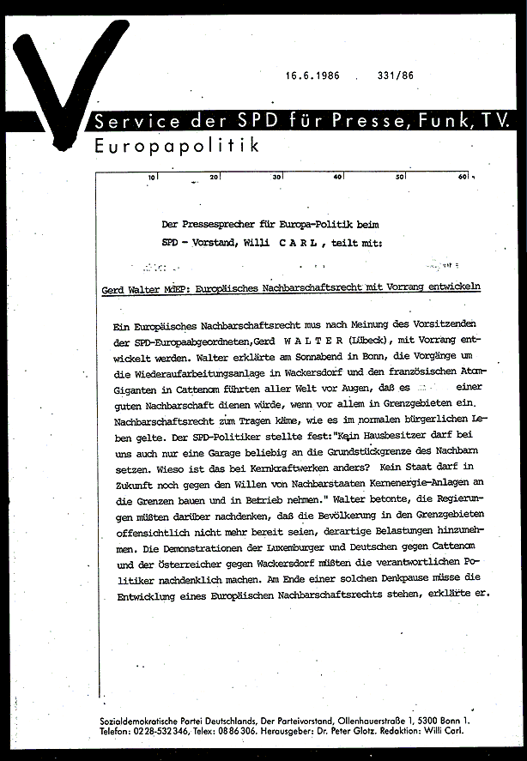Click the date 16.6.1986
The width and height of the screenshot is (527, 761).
point(312,75)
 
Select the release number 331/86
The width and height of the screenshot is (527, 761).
point(395,75)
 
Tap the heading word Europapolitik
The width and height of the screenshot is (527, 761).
point(177,146)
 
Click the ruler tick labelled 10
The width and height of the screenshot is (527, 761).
point(152,177)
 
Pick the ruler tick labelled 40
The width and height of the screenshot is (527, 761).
point(338,177)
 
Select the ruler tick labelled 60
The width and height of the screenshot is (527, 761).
point(463,177)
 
